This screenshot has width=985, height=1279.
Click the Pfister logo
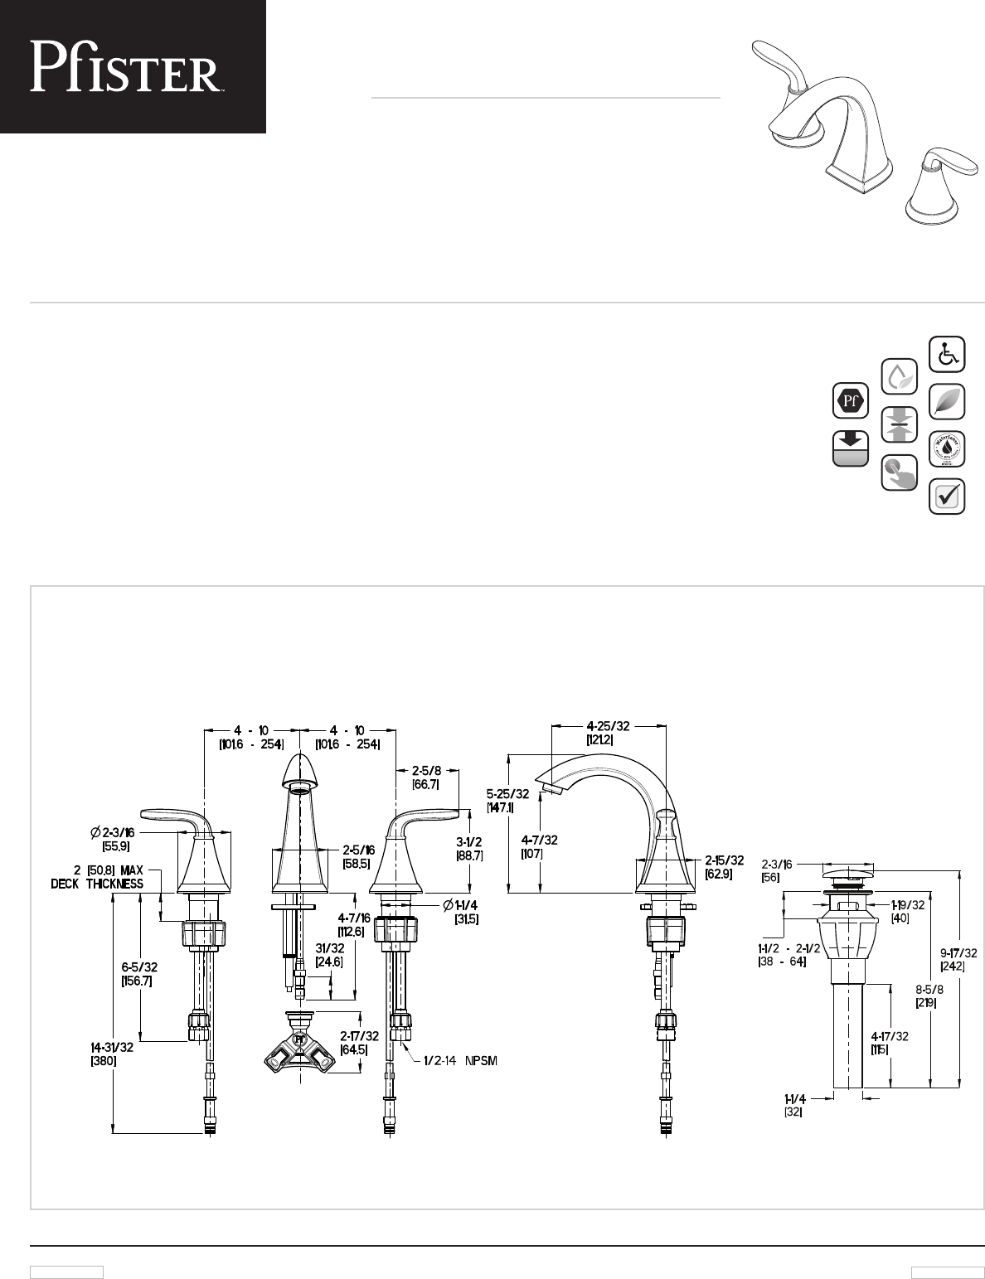125,66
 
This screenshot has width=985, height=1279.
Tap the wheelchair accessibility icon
947,354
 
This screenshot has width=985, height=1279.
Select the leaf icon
947,401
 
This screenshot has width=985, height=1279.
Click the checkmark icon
947,497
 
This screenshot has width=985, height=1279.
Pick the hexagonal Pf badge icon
850,401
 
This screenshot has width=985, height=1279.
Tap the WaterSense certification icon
947,449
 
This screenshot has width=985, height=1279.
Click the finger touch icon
899,472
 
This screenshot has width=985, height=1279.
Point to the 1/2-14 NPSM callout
460,1061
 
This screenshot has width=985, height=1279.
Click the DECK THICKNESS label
97,884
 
